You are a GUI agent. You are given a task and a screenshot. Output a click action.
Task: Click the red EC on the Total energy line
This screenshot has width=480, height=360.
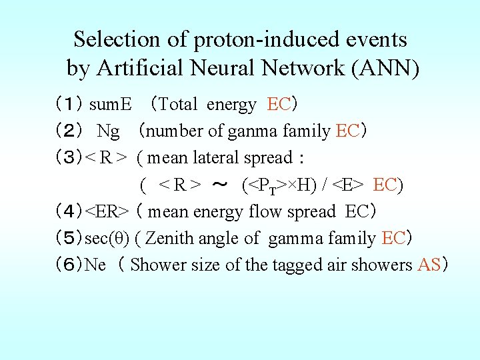(x=278, y=105)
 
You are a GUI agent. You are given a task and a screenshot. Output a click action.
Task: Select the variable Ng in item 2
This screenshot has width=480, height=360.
(x=108, y=131)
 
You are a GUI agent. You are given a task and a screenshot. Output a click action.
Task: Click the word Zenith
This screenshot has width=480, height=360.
(x=169, y=238)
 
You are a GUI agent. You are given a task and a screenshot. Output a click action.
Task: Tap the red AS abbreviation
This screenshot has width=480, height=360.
(x=429, y=265)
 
